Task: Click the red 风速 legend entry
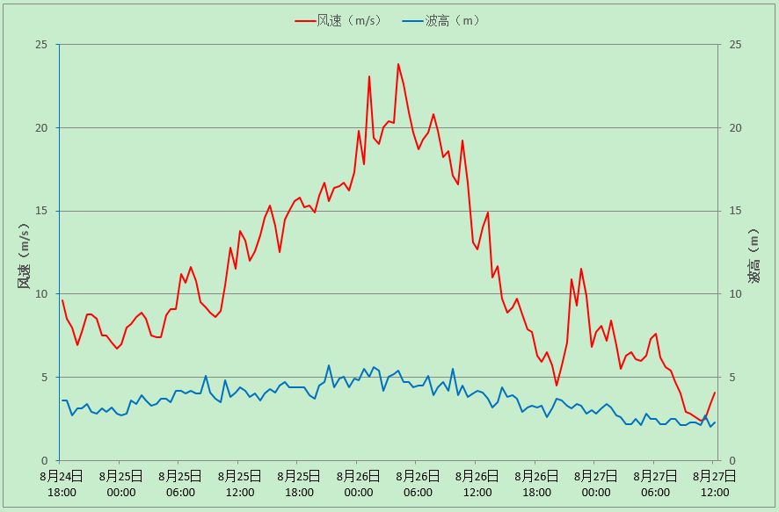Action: click(339, 20)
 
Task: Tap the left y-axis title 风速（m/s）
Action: click(24, 256)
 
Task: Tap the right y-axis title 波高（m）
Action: click(754, 257)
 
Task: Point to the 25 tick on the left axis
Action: click(41, 45)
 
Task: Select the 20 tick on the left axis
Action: click(41, 128)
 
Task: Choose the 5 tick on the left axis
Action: click(44, 378)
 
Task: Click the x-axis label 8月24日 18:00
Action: click(62, 484)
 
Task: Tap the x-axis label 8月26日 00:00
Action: click(359, 484)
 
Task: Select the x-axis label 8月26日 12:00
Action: click(477, 484)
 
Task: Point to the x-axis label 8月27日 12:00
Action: click(715, 484)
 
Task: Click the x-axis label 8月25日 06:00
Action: click(180, 484)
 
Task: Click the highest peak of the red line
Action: click(398, 64)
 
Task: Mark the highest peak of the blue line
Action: click(329, 365)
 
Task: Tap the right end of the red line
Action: click(715, 393)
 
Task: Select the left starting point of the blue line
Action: click(62, 400)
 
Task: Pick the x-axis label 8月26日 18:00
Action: click(536, 484)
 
